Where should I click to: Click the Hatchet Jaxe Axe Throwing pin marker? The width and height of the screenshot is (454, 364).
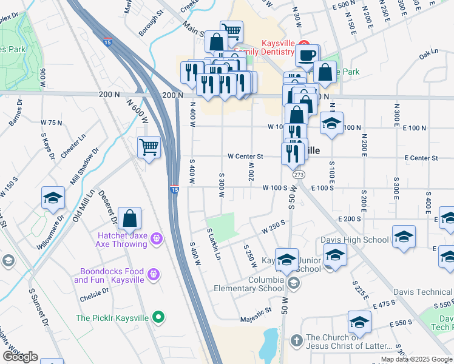157,238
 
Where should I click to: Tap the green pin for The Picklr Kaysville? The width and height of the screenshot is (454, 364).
158,317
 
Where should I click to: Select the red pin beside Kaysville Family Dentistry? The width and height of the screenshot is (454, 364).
306,48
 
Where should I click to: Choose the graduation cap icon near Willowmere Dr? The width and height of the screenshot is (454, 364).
53,198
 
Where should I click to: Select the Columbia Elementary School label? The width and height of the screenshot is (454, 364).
248,284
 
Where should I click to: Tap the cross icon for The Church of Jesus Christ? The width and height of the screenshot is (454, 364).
296,340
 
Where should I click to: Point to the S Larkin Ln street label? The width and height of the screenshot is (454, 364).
214,245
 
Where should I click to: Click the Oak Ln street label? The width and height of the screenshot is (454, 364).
429,55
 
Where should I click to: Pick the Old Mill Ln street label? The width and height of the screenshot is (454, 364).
84,205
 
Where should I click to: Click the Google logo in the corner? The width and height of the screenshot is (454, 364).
20,357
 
